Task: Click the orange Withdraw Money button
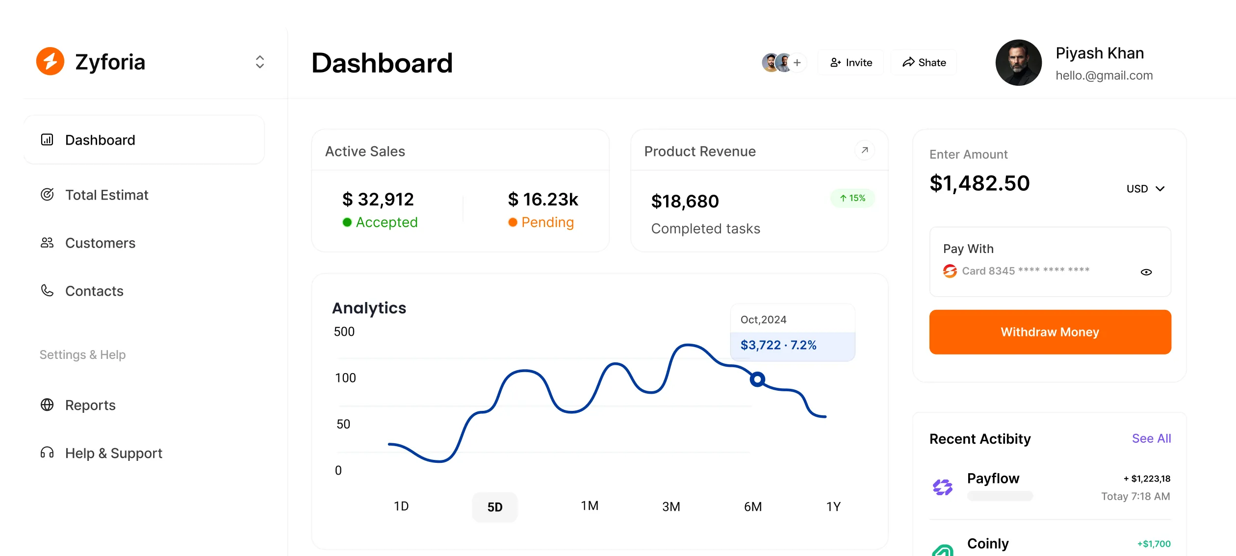pyautogui.click(x=1050, y=332)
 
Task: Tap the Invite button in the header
pyautogui.click(x=851, y=63)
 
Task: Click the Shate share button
pyautogui.click(x=924, y=63)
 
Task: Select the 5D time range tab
pyautogui.click(x=494, y=507)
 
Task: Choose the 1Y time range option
pyautogui.click(x=833, y=506)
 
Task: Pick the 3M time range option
pyautogui.click(x=670, y=506)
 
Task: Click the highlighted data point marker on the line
pyautogui.click(x=757, y=379)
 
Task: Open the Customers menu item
pyautogui.click(x=100, y=243)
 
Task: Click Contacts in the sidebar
pyautogui.click(x=94, y=291)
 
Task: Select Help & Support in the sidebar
pyautogui.click(x=113, y=454)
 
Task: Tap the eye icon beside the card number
pyautogui.click(x=1146, y=272)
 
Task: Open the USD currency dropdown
pyautogui.click(x=1145, y=189)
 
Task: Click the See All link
pyautogui.click(x=1151, y=439)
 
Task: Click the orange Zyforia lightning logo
pyautogui.click(x=50, y=62)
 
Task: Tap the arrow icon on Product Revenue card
pyautogui.click(x=864, y=151)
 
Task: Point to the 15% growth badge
pyautogui.click(x=852, y=198)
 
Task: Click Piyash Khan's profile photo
pyautogui.click(x=1018, y=63)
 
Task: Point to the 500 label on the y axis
pyautogui.click(x=344, y=332)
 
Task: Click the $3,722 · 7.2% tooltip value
pyautogui.click(x=778, y=345)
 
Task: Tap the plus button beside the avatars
pyautogui.click(x=797, y=63)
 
